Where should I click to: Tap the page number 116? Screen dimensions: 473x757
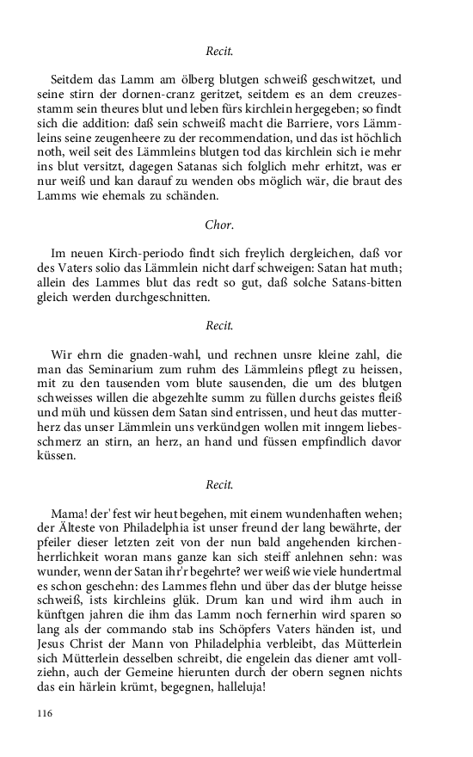point(44,713)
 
